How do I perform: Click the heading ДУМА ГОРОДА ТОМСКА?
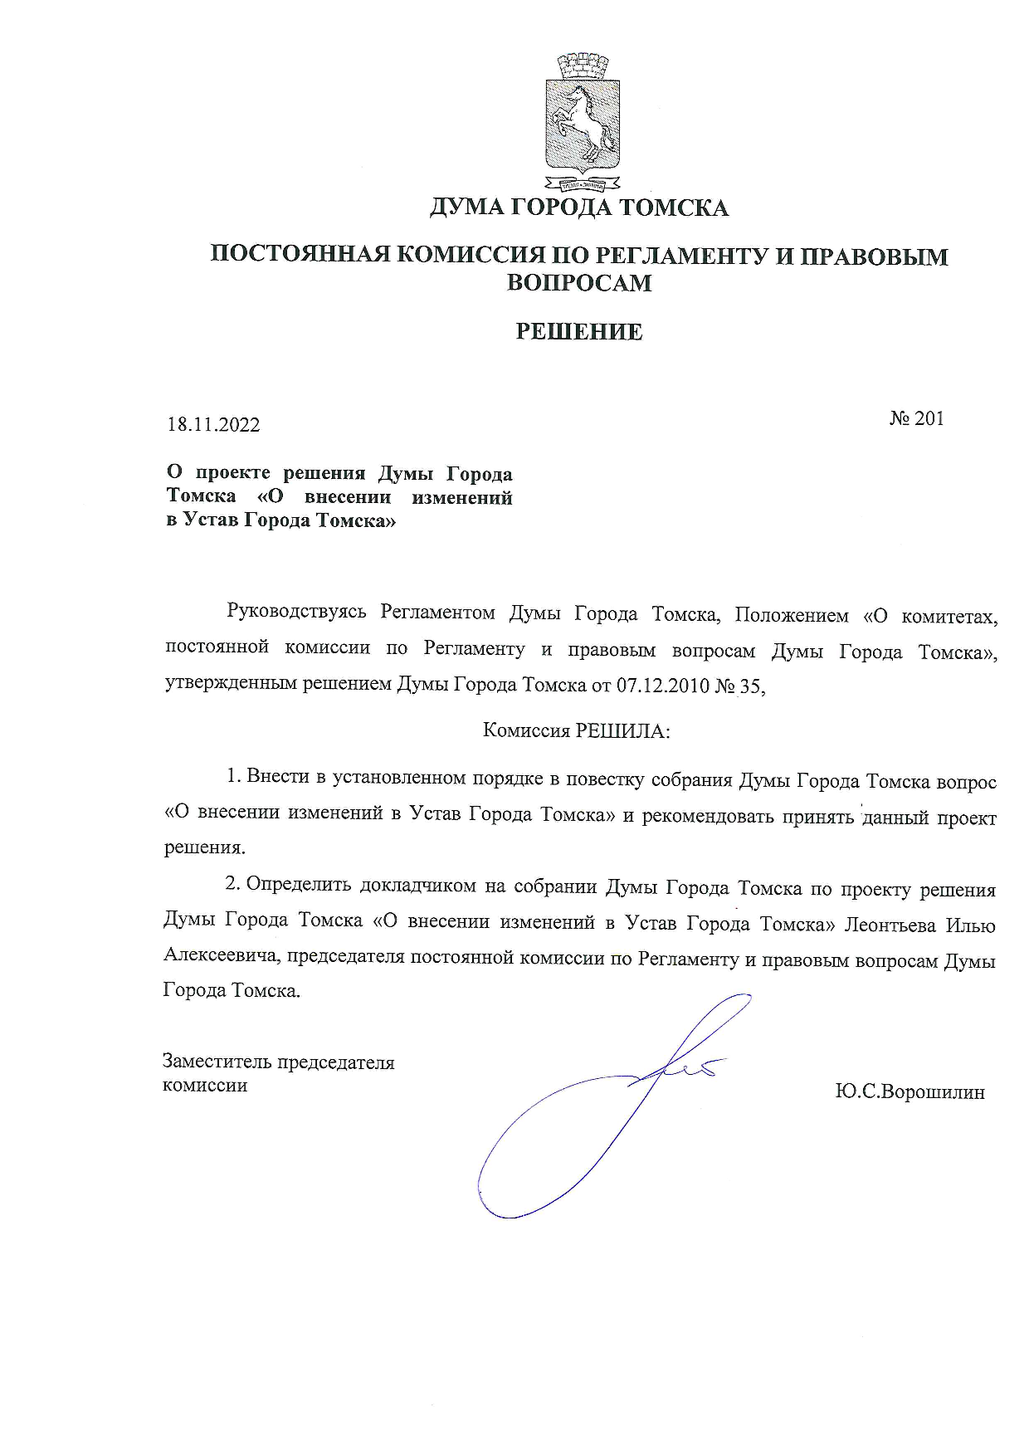click(578, 208)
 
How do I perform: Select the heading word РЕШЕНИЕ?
click(579, 333)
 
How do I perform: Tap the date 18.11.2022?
click(214, 425)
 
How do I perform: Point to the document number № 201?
click(916, 418)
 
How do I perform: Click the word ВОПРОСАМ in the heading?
click(579, 283)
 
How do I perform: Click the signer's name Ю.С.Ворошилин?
click(910, 1092)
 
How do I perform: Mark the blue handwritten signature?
click(614, 1104)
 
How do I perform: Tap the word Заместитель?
click(217, 1062)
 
